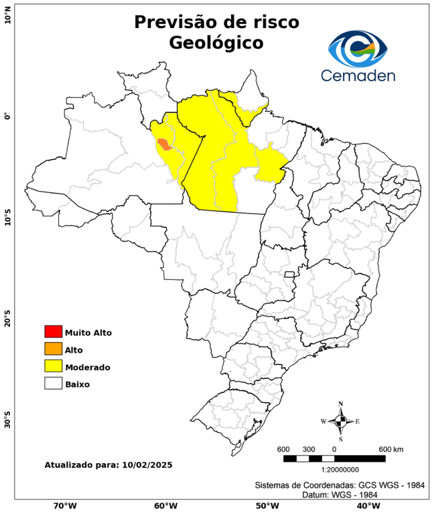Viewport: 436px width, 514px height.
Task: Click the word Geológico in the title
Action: pos(216,43)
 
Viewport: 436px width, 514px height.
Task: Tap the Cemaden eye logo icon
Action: pos(358,48)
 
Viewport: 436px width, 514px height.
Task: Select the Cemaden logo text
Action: pos(358,75)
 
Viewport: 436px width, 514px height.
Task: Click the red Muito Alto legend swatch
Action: pos(53,331)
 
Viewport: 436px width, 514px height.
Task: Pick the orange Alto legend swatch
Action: pos(53,349)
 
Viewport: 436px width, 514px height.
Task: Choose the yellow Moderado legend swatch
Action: pos(53,366)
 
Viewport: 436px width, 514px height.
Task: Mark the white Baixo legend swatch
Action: pos(53,383)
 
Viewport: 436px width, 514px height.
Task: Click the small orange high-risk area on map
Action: pos(163,143)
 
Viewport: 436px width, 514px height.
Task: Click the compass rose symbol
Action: pos(340,421)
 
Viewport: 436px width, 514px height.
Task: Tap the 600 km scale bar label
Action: pos(392,448)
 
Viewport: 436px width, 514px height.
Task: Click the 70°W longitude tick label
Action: pos(65,505)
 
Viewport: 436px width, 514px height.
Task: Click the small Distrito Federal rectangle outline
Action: pos(290,274)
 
